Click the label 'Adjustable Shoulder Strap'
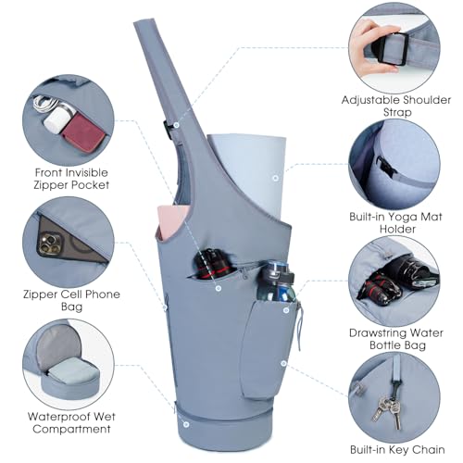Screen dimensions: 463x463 [396, 106]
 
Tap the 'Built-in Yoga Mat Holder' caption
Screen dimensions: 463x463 [396, 222]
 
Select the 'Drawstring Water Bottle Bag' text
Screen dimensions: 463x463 [396, 339]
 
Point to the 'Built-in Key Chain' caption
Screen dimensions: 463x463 [397, 450]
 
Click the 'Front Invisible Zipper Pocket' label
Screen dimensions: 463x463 [71, 179]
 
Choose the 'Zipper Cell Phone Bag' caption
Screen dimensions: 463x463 [71, 300]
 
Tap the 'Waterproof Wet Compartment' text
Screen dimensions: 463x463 [71, 422]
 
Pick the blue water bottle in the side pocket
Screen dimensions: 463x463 [275, 282]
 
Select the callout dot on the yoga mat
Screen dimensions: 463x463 [275, 178]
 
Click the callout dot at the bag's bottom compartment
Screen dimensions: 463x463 [186, 424]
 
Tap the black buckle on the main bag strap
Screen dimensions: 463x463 [167, 130]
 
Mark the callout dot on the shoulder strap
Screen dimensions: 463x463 [176, 125]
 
